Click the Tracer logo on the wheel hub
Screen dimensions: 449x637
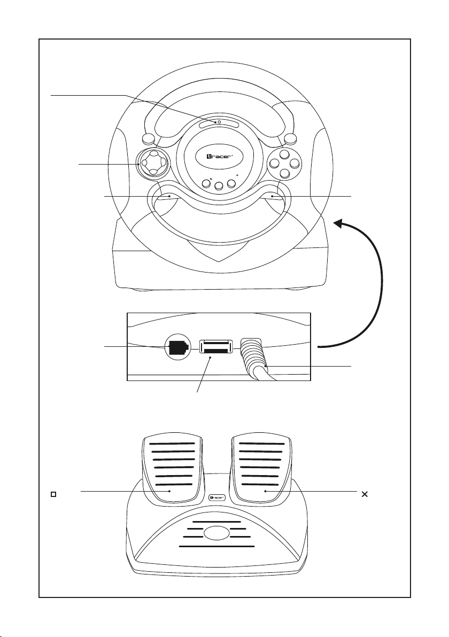[x=219, y=157]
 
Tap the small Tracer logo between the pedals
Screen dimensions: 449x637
[x=216, y=497]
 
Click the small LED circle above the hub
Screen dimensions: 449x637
[x=219, y=121]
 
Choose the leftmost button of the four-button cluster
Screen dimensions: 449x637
[x=275, y=164]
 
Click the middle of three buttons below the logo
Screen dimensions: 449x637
[x=219, y=186]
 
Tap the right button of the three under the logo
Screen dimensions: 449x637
[x=231, y=183]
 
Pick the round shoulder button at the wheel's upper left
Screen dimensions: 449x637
[x=149, y=139]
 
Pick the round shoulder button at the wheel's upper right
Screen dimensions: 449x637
[x=290, y=139]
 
